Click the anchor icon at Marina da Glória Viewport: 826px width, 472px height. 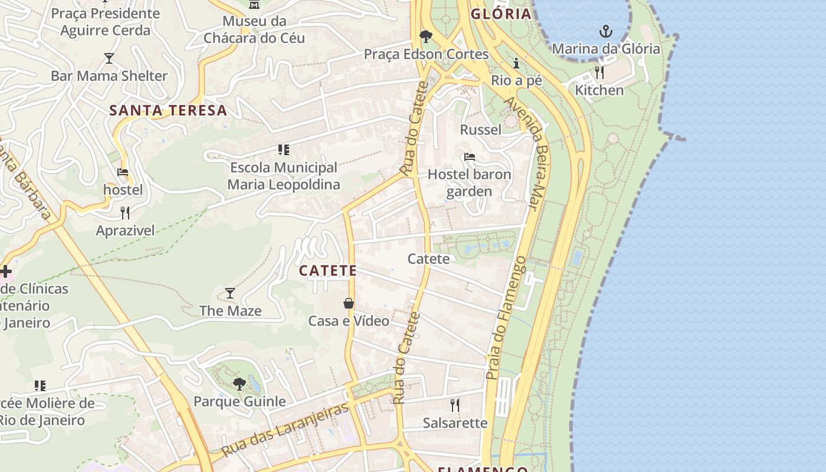pyautogui.click(x=605, y=31)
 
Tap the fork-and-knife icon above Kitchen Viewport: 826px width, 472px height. pyautogui.click(x=599, y=73)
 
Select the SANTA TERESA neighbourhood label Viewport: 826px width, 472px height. pyautogui.click(x=168, y=110)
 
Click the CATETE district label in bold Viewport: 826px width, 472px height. pyautogui.click(x=327, y=271)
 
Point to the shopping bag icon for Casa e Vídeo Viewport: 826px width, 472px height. pyautogui.click(x=349, y=303)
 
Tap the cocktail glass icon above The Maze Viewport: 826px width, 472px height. pyautogui.click(x=230, y=293)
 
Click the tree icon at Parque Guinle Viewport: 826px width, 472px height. pyautogui.click(x=240, y=384)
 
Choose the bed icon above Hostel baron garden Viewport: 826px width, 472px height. pyautogui.click(x=470, y=157)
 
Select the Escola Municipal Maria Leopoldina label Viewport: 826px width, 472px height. pyautogui.click(x=284, y=176)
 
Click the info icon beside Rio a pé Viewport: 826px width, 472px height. pyautogui.click(x=516, y=63)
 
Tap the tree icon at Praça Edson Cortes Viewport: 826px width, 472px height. pyautogui.click(x=425, y=37)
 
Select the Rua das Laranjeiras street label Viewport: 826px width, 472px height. pyautogui.click(x=286, y=431)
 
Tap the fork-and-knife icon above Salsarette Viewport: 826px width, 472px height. pyautogui.click(x=455, y=405)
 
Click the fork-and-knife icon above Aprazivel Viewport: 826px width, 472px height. pyautogui.click(x=125, y=212)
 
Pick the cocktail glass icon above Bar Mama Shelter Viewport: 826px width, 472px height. pyautogui.click(x=109, y=58)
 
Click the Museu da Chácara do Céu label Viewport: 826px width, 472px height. pyautogui.click(x=254, y=29)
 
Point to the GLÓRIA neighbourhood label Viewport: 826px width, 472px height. pyautogui.click(x=501, y=14)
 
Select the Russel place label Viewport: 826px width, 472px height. pyautogui.click(x=480, y=130)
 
